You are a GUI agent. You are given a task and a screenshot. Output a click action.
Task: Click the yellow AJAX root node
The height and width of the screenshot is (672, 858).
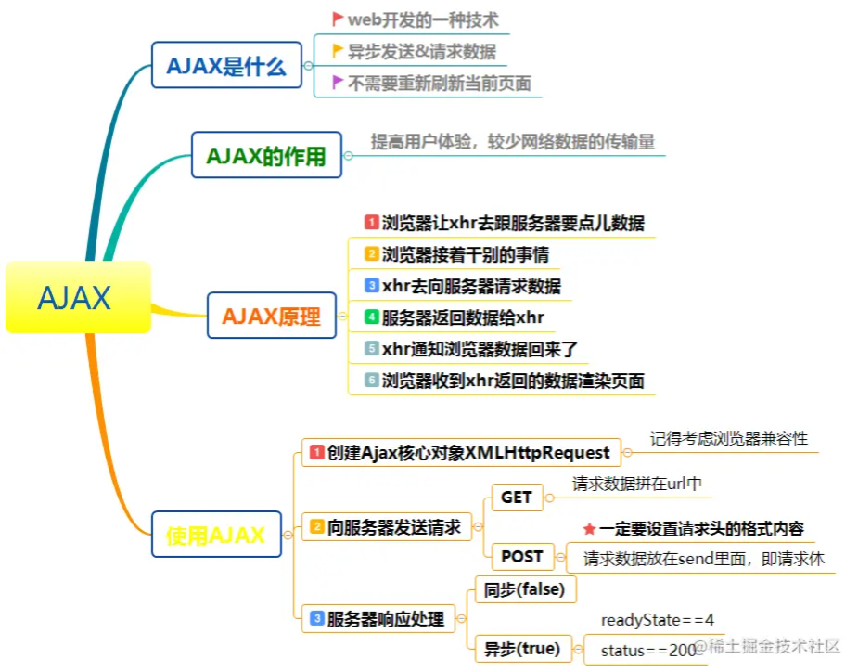point(77,297)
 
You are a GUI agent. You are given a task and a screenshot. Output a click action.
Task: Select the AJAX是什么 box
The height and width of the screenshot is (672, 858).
point(226,66)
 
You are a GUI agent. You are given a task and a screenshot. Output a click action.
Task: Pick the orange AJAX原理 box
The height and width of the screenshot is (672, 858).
point(271,317)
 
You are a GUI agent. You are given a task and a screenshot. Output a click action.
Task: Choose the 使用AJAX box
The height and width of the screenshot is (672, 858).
point(215,535)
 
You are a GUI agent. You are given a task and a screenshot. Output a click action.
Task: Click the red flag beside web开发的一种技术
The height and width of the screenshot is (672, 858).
point(338,19)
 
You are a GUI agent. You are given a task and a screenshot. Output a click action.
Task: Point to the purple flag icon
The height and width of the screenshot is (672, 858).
point(338,83)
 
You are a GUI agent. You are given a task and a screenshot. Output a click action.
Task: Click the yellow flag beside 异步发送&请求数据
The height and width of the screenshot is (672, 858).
point(338,50)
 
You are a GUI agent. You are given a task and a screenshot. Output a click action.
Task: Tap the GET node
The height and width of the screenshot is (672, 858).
point(516,498)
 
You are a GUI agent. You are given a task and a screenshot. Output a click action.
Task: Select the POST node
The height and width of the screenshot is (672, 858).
point(521,557)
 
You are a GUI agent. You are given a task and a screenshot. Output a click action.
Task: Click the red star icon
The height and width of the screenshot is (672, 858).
point(589,529)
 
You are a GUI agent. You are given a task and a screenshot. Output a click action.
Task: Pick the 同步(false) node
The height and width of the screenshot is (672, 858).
point(519,588)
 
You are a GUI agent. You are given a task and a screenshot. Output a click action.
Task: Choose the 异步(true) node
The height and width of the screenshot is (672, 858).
point(521,649)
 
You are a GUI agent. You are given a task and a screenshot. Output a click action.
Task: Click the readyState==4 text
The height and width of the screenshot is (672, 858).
point(657,620)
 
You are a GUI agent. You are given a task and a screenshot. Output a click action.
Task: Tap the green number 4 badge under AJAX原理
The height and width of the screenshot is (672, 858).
point(371,317)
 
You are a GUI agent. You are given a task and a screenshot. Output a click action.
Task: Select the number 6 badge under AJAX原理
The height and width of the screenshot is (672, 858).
point(371,381)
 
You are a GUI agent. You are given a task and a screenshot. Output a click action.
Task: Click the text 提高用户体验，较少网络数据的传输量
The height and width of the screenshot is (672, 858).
point(513,141)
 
